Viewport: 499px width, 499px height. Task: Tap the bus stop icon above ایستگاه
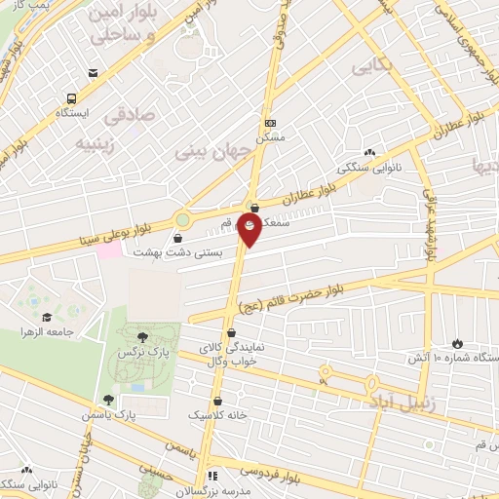pyautogui.click(x=72, y=98)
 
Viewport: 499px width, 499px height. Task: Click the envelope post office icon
pyautogui.click(x=93, y=73)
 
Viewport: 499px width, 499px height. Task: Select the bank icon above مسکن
pyautogui.click(x=270, y=123)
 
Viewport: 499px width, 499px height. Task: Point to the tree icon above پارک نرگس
pyautogui.click(x=143, y=337)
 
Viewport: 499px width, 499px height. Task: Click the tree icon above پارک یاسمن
pyautogui.click(x=108, y=400)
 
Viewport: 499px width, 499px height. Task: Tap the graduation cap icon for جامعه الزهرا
pyautogui.click(x=46, y=317)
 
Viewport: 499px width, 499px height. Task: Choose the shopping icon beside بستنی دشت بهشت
pyautogui.click(x=176, y=238)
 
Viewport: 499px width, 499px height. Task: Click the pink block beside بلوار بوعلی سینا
pyautogui.click(x=109, y=249)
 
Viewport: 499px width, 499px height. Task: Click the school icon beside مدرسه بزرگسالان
pyautogui.click(x=212, y=477)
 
